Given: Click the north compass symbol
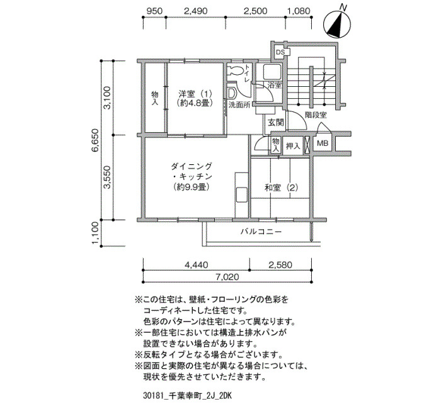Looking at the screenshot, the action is pyautogui.click(x=337, y=25).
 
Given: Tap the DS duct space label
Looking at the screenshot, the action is pyautogui.click(x=280, y=52).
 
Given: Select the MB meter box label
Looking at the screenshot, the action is pyautogui.click(x=323, y=143).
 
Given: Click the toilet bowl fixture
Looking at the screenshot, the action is pyautogui.click(x=234, y=70).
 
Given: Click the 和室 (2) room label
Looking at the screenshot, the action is pyautogui.click(x=281, y=188).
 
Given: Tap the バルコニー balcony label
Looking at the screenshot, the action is pyautogui.click(x=261, y=232).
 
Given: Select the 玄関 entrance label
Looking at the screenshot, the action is pyautogui.click(x=275, y=123).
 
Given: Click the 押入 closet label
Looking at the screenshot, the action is pyautogui.click(x=293, y=146).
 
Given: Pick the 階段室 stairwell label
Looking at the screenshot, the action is pyautogui.click(x=316, y=115).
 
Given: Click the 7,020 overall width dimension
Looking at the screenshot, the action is pyautogui.click(x=228, y=277).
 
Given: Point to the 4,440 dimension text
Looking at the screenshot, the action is pyautogui.click(x=197, y=265).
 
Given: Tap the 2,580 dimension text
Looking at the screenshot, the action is pyautogui.click(x=280, y=265).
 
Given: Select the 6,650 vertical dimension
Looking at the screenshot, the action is pyautogui.click(x=95, y=140).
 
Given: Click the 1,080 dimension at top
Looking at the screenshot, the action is pyautogui.click(x=299, y=11).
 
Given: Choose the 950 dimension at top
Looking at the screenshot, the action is pyautogui.click(x=154, y=11).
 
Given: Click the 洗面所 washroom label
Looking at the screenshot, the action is pyautogui.click(x=239, y=105).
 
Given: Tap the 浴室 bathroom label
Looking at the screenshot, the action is pyautogui.click(x=275, y=85).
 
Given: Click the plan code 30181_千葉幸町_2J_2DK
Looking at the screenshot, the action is pyautogui.click(x=187, y=396).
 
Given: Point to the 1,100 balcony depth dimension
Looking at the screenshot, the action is pyautogui.click(x=95, y=233).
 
